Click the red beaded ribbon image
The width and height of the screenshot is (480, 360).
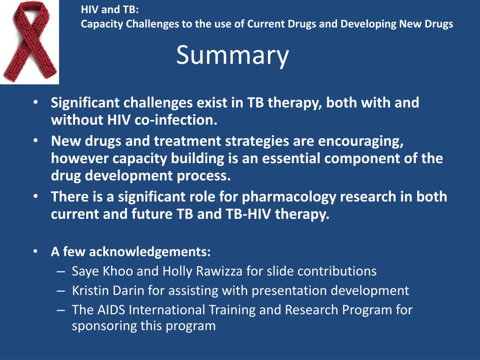[30, 41]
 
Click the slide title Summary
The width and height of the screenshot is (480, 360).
[232, 56]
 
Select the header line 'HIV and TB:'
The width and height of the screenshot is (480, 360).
[110, 9]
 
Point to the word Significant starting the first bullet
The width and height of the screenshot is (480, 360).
[85, 103]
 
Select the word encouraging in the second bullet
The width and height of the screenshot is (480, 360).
[360, 141]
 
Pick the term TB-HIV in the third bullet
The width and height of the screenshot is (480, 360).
[248, 214]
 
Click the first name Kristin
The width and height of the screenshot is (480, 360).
[90, 291]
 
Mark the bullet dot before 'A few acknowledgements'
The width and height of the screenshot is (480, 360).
[36, 251]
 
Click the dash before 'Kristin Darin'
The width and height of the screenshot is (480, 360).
[60, 291]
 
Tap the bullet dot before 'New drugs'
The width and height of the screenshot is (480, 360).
[36, 140]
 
